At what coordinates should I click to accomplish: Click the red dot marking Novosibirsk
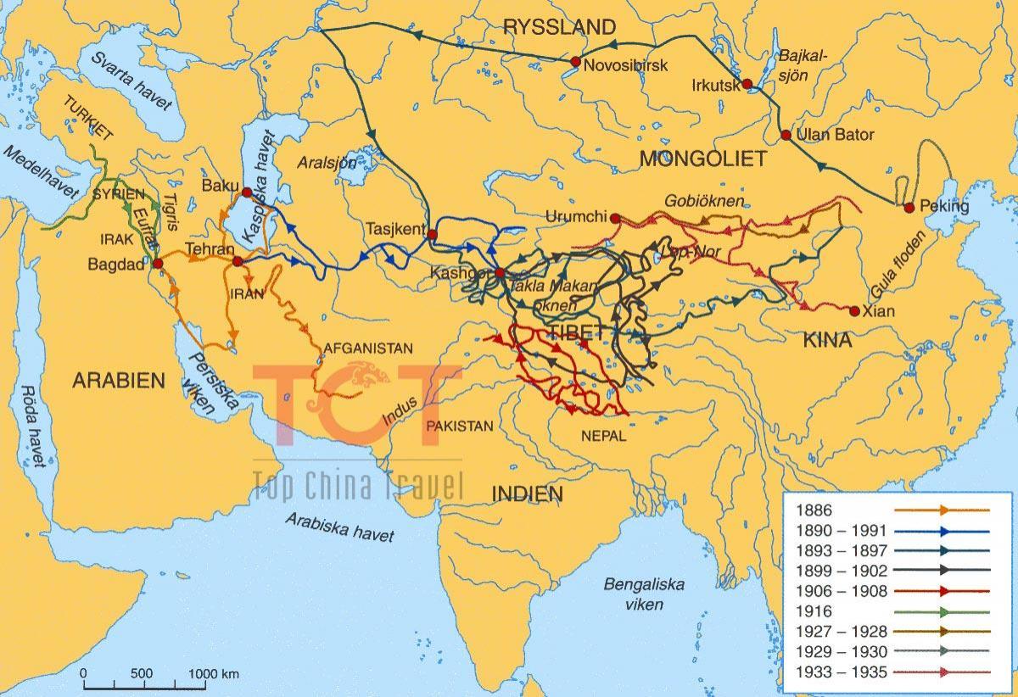576,61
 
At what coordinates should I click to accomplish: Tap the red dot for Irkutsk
747,84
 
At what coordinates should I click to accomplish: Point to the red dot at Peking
909,208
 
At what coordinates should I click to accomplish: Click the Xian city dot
854,310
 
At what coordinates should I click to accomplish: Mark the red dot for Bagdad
156,263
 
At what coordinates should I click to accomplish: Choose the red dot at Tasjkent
432,234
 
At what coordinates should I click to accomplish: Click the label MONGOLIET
702,159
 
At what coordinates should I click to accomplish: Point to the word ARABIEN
118,381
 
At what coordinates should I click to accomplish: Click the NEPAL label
603,436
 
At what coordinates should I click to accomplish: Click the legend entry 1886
816,510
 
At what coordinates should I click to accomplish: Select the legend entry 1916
816,611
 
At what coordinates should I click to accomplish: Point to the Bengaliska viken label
632,594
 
